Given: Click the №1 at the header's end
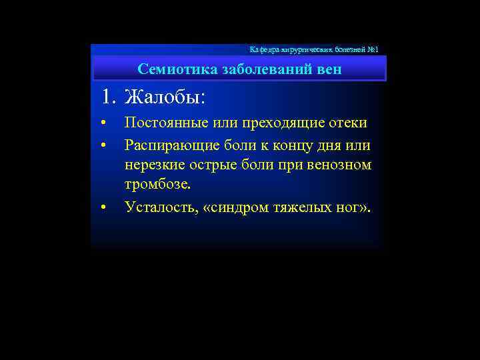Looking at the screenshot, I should pyautogui.click(x=373, y=50).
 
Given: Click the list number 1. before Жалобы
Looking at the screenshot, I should pyautogui.click(x=110, y=97).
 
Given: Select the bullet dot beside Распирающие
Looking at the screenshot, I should pyautogui.click(x=103, y=145).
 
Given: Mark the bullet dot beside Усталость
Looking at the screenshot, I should pyautogui.click(x=103, y=207).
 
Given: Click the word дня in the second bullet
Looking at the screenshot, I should pyautogui.click(x=335, y=145).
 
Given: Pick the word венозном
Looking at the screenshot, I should pyautogui.click(x=339, y=165).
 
